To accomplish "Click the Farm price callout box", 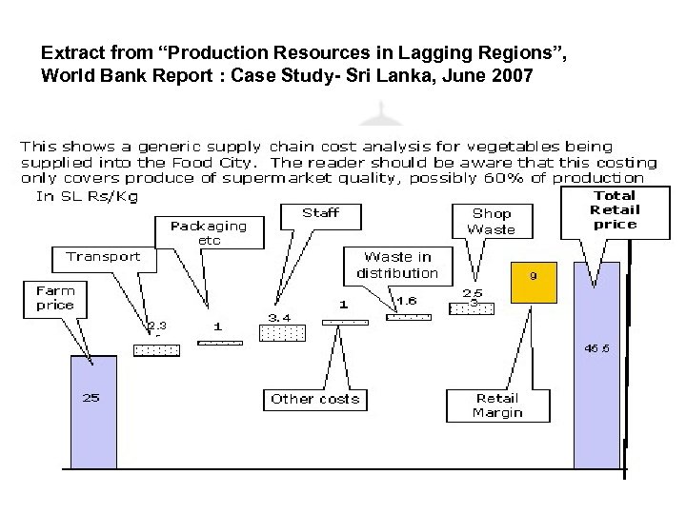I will point(54,298).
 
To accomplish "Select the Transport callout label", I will point(103,256).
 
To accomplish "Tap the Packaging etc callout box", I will point(208,233).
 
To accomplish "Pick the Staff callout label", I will point(320,212).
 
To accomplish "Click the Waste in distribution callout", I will point(396,265).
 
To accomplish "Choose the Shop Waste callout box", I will point(492,221).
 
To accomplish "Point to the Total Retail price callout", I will point(615,209).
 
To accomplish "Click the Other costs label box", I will point(314,399).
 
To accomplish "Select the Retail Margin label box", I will point(496,405).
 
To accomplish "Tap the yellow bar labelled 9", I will point(534,281).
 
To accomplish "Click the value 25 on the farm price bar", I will point(91,398).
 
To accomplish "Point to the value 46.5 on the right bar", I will point(596,348).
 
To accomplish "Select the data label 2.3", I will point(157,326).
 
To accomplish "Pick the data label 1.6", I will point(406,301).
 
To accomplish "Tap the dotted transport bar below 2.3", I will point(156,350).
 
